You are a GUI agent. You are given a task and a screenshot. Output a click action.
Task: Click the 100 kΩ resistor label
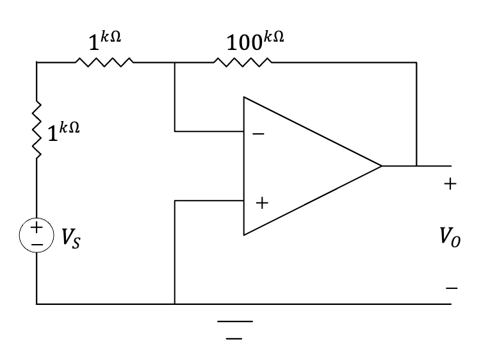tap(255, 43)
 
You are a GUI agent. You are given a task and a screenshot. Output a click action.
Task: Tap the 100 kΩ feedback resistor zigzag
tap(243, 62)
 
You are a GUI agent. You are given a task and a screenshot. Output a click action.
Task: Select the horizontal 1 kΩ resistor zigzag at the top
tap(104, 62)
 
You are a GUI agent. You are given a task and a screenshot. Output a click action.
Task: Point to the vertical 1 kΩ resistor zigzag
tap(37, 129)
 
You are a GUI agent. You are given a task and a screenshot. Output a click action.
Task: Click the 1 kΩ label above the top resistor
tap(104, 43)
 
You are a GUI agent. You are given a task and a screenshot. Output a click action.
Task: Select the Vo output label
tap(450, 238)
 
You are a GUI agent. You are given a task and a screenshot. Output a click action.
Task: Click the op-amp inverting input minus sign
tap(258, 135)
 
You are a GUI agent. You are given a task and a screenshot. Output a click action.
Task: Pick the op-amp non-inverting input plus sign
tap(261, 204)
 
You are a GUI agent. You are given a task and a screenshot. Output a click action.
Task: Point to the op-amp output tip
tap(382, 166)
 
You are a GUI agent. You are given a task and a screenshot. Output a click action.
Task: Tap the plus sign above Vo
tap(450, 184)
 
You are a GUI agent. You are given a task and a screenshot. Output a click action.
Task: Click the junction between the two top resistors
tap(174, 63)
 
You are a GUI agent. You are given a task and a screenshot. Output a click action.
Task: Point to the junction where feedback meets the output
tap(416, 166)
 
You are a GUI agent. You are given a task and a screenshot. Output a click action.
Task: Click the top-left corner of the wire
tap(37, 63)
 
